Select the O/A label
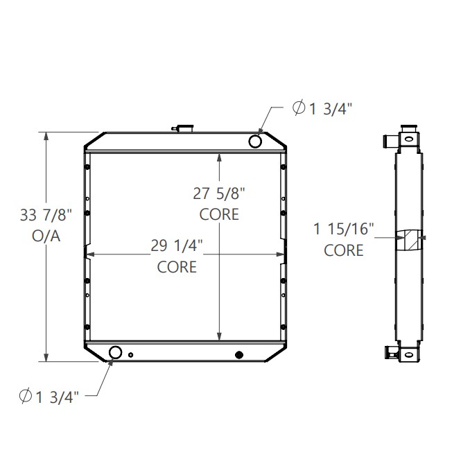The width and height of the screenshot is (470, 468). (x=46, y=236)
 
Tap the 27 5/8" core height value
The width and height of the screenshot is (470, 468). (x=219, y=194)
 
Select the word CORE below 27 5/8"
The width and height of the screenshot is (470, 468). (x=219, y=214)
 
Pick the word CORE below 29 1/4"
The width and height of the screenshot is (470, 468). (x=177, y=266)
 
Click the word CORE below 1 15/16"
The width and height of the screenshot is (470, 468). (x=344, y=250)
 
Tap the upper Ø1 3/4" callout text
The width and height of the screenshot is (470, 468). (x=322, y=108)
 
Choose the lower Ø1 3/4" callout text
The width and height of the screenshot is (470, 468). (x=50, y=396)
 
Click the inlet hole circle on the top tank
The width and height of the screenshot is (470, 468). (x=255, y=141)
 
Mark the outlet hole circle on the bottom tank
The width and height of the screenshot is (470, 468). (x=115, y=353)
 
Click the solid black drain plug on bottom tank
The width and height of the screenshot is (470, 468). (x=239, y=354)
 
